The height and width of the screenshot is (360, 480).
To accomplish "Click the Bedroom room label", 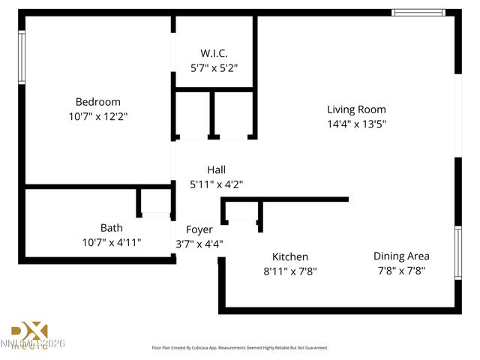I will click(x=97, y=102).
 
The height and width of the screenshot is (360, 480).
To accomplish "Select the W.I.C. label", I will click(x=214, y=53).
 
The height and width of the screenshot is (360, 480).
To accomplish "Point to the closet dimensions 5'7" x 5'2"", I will click(x=214, y=67).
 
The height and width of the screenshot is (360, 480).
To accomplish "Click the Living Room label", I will click(x=356, y=109).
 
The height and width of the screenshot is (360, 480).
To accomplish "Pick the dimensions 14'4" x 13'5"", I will click(x=356, y=124).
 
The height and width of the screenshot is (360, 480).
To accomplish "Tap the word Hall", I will click(x=216, y=169).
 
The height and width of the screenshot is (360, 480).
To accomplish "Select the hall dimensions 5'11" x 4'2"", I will click(x=216, y=184).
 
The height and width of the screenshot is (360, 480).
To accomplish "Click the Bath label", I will click(x=111, y=228).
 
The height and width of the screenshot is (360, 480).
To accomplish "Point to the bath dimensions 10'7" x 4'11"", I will click(x=111, y=242).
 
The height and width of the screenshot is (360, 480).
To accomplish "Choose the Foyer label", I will click(x=199, y=229).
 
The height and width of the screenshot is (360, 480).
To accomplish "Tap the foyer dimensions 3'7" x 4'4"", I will click(x=199, y=244).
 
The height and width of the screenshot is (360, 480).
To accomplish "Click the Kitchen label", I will click(x=289, y=256).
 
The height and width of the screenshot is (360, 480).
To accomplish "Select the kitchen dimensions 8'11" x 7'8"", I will click(x=289, y=271).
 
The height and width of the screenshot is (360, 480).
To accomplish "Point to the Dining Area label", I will click(x=401, y=256).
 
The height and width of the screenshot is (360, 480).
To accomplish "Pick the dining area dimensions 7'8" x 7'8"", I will click(x=401, y=271).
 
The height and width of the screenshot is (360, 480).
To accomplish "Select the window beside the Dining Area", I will click(x=457, y=253).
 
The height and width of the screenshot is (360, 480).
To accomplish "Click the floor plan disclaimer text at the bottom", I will click(x=240, y=348).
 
